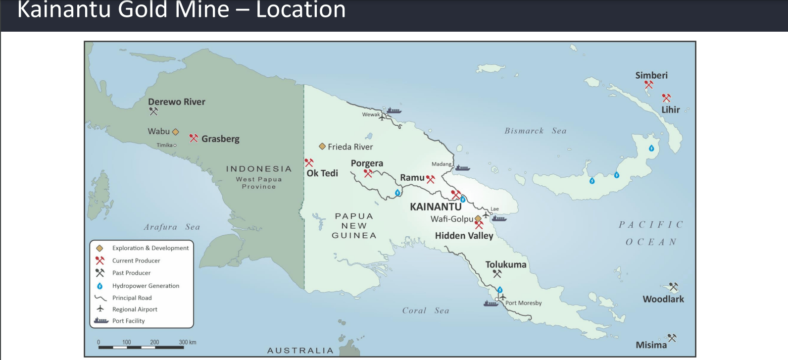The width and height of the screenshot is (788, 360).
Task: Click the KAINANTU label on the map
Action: (436, 207)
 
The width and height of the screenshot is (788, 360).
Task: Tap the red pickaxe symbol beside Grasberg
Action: (194, 138)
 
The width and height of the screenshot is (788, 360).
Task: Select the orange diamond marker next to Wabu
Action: (175, 132)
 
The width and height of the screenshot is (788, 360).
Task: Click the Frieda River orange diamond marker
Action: (322, 147)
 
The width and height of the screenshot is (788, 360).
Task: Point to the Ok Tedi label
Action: (322, 173)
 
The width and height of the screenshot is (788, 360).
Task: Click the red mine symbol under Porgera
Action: (368, 173)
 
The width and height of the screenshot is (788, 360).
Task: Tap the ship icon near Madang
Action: (462, 168)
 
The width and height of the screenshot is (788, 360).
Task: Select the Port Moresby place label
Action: (523, 303)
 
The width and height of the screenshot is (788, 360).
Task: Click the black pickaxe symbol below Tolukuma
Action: (497, 273)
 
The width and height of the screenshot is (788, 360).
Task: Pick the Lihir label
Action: (671, 110)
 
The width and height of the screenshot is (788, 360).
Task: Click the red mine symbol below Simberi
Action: (648, 85)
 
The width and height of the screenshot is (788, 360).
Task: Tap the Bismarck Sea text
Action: (535, 131)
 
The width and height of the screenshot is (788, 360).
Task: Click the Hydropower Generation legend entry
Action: (146, 286)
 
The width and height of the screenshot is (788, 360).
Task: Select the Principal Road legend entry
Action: (132, 298)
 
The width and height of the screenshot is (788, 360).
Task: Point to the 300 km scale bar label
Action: (188, 342)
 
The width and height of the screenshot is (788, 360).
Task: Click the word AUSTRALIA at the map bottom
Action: (300, 351)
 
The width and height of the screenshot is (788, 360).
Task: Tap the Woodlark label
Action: (663, 299)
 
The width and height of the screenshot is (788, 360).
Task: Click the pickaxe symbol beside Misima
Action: (672, 338)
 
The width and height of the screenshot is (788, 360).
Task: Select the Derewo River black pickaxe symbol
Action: (153, 112)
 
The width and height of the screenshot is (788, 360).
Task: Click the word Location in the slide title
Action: (300, 10)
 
